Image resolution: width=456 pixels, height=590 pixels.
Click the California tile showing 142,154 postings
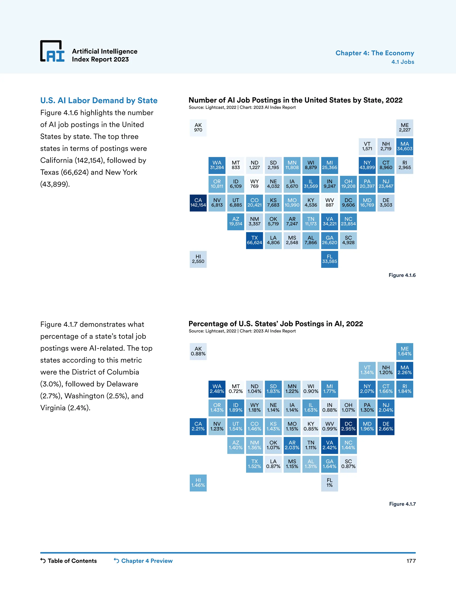198,203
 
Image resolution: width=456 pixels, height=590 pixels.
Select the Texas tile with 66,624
254,240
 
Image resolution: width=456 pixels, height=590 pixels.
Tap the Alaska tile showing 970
198,128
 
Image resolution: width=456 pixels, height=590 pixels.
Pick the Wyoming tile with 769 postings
254,184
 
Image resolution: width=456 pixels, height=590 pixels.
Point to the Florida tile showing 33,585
330,259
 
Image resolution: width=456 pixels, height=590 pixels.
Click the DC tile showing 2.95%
348,427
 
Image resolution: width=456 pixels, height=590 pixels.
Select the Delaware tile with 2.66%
386,427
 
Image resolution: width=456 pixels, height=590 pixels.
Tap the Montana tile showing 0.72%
236,389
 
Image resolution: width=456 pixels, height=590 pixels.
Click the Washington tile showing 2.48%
217,389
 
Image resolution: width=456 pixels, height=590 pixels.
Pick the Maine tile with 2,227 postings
405,128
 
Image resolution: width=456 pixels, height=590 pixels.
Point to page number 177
411,561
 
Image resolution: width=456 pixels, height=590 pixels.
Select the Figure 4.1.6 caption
402,275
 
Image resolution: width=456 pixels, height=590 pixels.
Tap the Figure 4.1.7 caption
402,504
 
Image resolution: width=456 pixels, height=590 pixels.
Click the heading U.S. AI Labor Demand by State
99,100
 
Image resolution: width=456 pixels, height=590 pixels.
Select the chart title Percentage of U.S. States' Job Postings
276,324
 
